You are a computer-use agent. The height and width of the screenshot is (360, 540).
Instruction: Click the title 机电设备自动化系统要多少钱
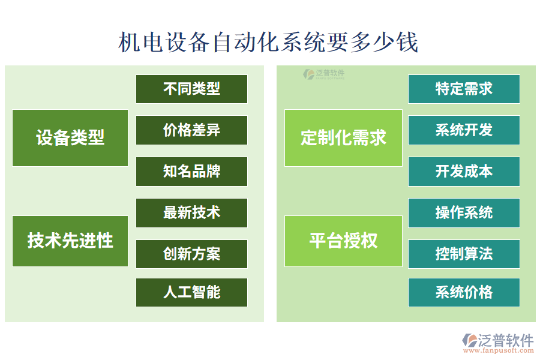pos(268,43)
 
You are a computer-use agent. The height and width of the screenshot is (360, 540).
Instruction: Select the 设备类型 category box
pos(70,138)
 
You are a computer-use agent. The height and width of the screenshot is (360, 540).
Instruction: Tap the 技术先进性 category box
pos(70,241)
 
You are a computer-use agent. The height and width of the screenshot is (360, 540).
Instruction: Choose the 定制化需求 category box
pos(343,138)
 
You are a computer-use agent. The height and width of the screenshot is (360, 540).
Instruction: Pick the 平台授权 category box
pos(343,241)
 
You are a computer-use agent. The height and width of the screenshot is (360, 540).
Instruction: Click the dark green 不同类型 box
pos(191,89)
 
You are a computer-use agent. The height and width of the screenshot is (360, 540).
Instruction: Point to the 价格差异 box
pos(191,130)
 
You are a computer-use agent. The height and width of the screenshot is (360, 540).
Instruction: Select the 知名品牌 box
pos(191,172)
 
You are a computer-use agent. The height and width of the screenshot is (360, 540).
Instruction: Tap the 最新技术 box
pos(191,213)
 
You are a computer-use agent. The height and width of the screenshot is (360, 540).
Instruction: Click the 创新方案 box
pos(191,254)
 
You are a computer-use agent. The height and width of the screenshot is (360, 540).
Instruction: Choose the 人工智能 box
pos(191,292)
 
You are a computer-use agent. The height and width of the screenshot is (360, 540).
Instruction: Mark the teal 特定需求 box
pos(464,89)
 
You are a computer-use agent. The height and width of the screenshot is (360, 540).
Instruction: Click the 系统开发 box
pos(464,130)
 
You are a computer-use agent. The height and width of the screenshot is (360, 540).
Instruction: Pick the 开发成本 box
pos(464,172)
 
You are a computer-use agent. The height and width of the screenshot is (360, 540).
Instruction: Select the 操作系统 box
pos(464,213)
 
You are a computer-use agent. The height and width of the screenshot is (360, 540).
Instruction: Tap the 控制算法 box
pos(464,254)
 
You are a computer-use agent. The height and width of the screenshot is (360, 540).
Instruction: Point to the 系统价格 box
pos(464,292)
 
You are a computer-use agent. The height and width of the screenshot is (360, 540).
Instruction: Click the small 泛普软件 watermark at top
pos(325,74)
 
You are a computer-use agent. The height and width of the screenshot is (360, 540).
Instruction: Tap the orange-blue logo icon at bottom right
pos(469,340)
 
